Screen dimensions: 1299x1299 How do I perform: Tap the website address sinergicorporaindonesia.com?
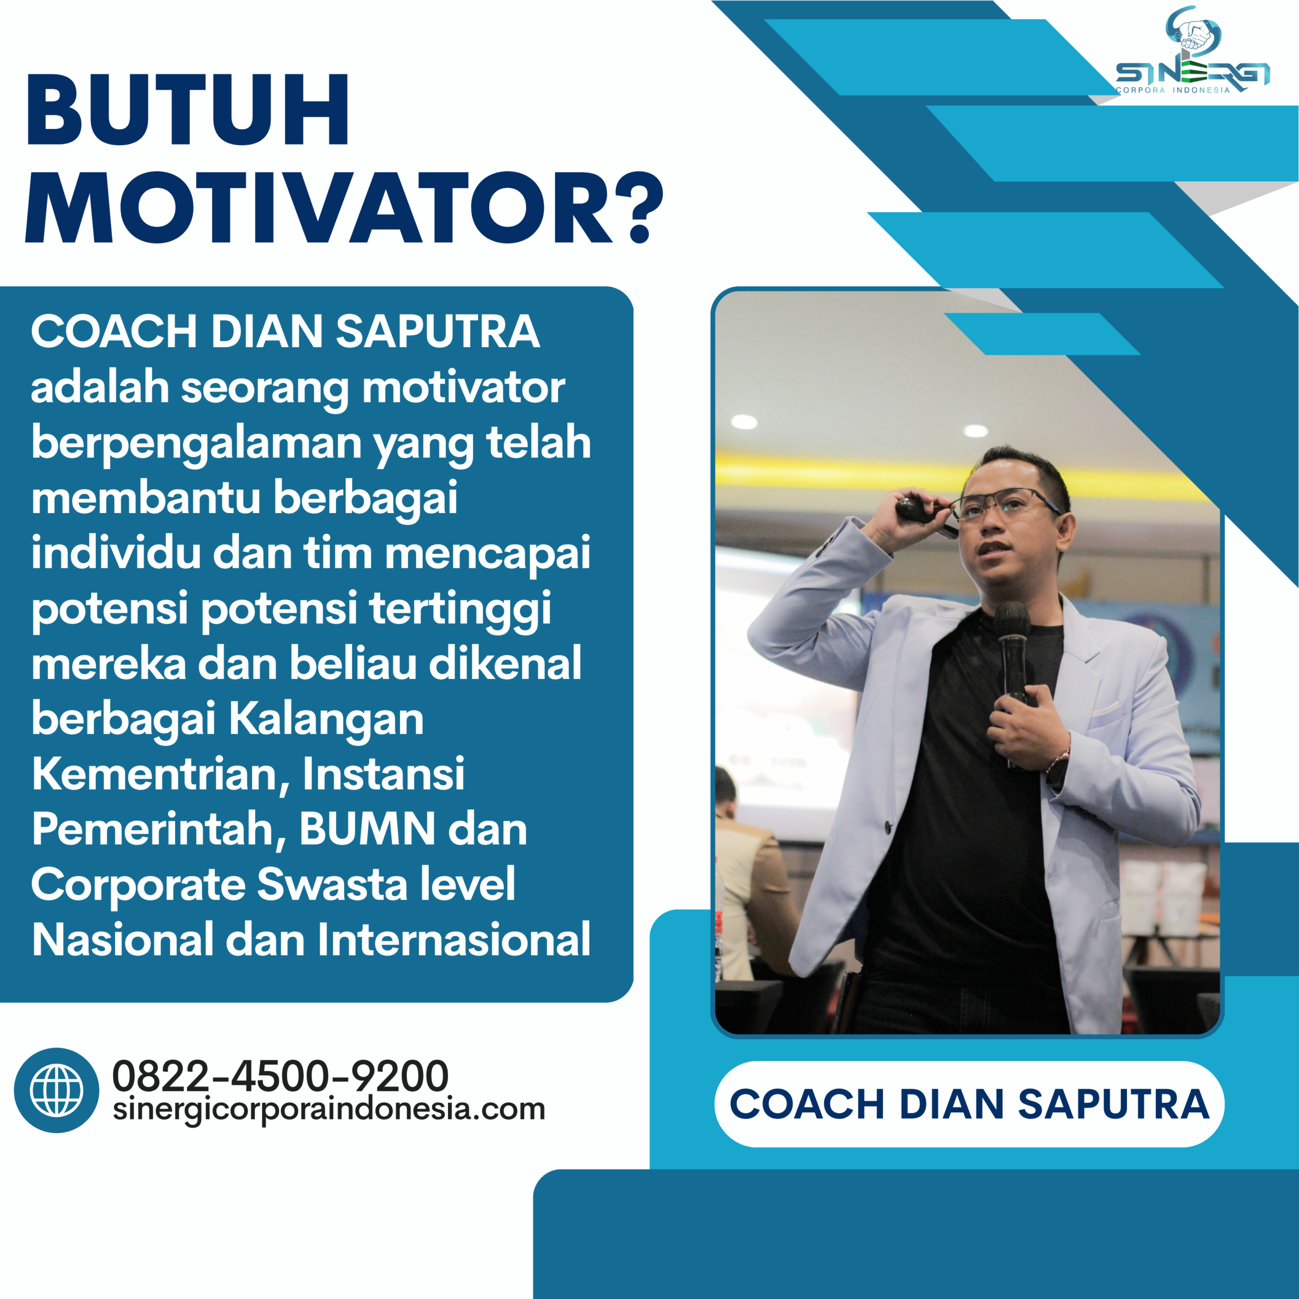coord(329,1109)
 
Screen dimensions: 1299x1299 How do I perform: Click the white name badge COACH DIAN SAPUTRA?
coord(969,1104)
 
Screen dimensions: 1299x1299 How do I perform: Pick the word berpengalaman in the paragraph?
coord(196,444)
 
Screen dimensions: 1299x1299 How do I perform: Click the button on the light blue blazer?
coord(889,826)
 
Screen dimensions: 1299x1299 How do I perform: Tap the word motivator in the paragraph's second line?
coord(463,389)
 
